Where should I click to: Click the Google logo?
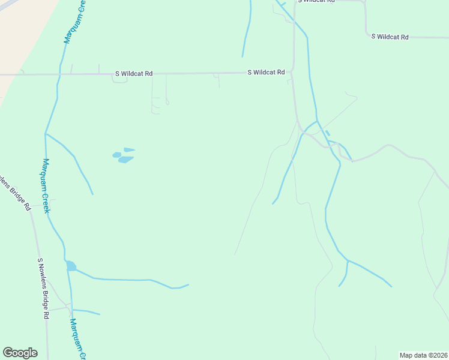point(20,353)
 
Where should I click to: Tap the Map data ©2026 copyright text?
point(423,355)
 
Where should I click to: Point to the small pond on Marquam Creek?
point(71,266)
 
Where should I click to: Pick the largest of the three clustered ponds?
point(125,160)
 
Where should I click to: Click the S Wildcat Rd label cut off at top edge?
point(318,2)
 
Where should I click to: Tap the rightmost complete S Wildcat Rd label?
point(390,37)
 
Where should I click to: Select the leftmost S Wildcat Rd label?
point(133,74)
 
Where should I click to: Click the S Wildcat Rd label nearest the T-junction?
point(266,73)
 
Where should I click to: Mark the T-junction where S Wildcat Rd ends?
point(292,73)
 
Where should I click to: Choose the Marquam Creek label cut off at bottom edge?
point(76,339)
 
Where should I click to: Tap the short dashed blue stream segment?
point(327,133)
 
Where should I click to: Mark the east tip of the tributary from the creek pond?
point(188,284)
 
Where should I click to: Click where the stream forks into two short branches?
point(348,261)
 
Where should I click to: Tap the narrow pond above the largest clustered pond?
point(129,149)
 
